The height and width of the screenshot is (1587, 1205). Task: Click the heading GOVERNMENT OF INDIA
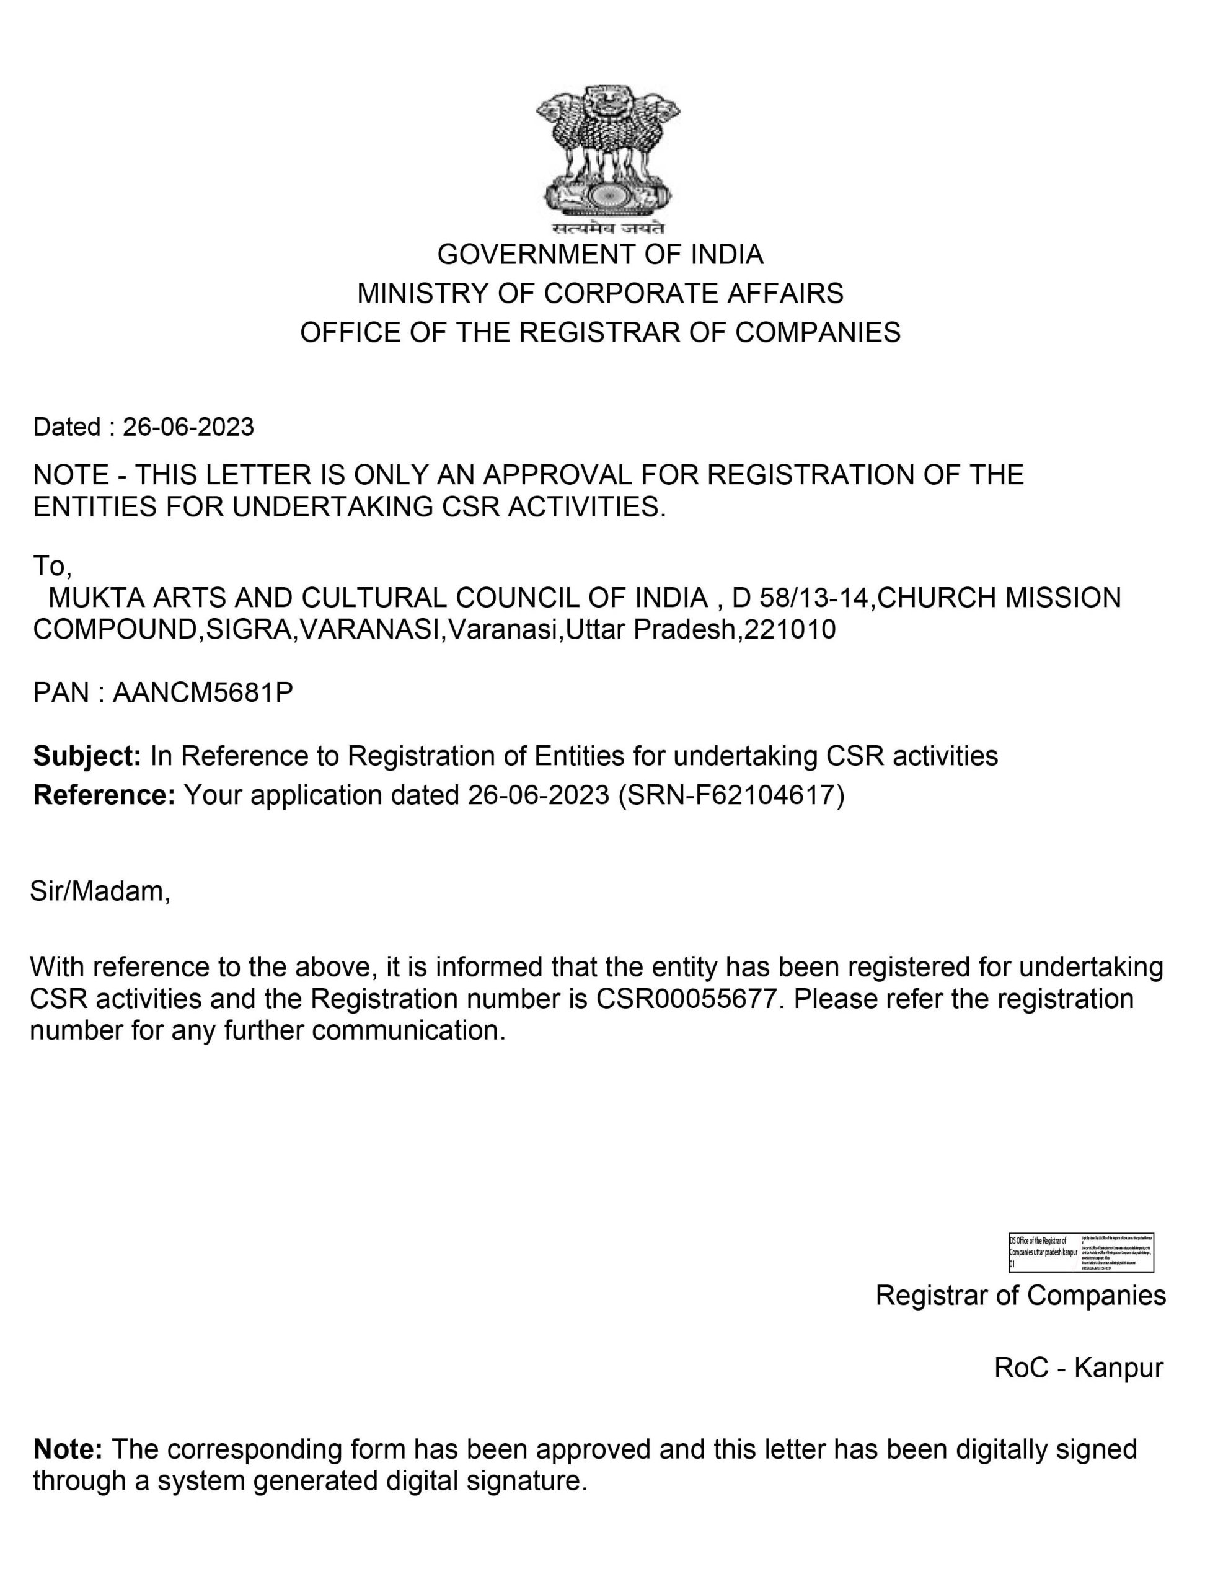pos(601,254)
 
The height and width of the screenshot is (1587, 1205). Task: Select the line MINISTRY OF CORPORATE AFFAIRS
pos(601,293)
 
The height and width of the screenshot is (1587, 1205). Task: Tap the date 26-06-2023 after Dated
pos(188,427)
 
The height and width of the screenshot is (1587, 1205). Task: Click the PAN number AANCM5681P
pos(203,692)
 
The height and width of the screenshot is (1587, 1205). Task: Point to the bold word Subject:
pos(87,756)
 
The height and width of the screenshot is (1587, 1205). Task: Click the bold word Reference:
pos(104,795)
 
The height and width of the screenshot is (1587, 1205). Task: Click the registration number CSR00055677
pos(686,999)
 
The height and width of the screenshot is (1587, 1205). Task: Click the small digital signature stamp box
pos(1081,1253)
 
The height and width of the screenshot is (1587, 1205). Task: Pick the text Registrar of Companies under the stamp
pos(1021,1296)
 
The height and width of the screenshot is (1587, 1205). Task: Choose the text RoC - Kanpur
pos(1078,1368)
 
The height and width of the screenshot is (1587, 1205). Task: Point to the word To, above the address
pos(51,566)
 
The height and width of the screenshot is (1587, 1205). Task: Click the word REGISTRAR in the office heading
pos(599,332)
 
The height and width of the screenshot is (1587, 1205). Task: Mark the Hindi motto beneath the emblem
pos(608,229)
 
